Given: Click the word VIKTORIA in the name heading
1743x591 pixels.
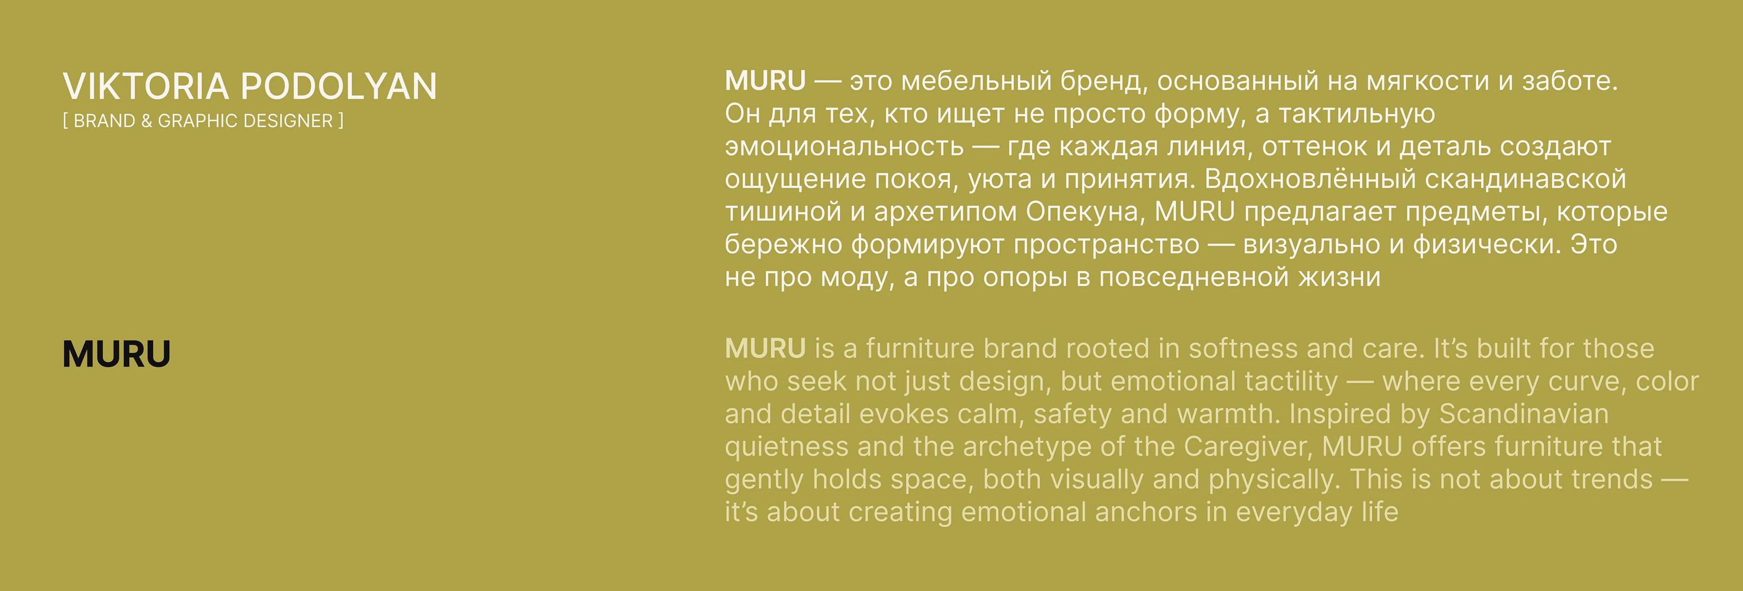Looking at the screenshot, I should tap(146, 87).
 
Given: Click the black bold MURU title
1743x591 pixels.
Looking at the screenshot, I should tap(117, 354).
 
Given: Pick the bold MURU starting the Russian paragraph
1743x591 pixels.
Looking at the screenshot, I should tap(765, 81).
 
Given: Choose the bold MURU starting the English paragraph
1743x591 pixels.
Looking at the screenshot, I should tap(765, 349).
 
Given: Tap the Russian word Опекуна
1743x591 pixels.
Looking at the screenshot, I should tap(1084, 212).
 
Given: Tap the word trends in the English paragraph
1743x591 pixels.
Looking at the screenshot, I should tap(1612, 479).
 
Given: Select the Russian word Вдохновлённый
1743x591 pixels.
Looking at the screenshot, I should tap(1310, 179).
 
